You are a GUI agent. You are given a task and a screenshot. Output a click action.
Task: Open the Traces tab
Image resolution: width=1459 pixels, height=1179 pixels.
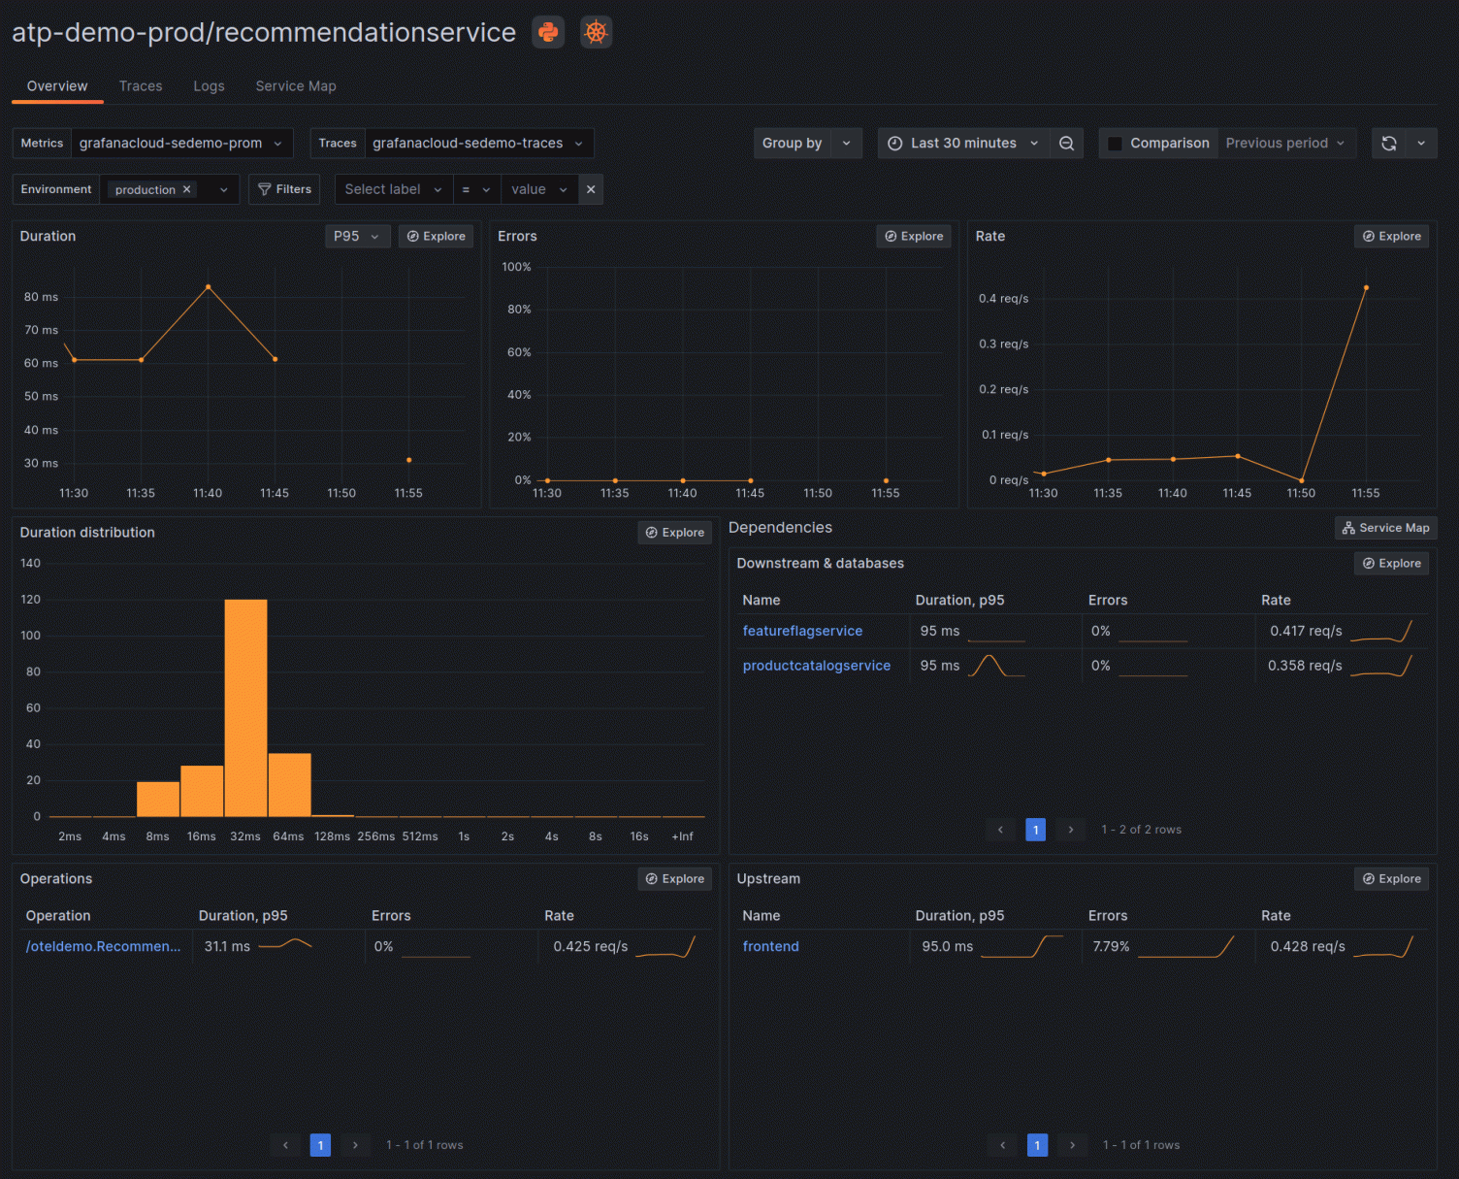(x=141, y=86)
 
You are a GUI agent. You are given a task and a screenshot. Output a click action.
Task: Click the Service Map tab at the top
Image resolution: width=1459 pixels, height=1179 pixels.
(x=296, y=86)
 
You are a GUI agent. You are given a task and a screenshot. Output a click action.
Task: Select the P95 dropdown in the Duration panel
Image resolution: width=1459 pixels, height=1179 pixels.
(x=356, y=236)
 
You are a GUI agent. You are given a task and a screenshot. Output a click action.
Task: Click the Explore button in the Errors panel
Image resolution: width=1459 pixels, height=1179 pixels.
(x=914, y=236)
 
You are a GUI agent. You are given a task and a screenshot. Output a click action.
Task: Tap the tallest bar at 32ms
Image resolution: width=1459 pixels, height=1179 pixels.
(x=245, y=708)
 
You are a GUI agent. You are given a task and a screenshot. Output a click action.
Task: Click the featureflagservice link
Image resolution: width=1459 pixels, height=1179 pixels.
(x=802, y=631)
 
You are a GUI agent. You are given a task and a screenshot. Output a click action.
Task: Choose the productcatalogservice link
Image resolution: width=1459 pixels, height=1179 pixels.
(x=816, y=666)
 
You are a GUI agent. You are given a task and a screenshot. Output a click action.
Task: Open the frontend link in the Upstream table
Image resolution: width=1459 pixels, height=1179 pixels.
(x=770, y=946)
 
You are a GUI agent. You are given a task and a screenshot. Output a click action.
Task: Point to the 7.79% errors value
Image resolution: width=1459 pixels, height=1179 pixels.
(x=1111, y=946)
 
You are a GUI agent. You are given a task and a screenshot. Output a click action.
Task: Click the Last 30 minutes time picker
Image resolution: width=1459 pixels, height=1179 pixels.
(x=963, y=143)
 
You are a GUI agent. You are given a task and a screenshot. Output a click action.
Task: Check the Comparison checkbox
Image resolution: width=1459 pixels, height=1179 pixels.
(x=1116, y=144)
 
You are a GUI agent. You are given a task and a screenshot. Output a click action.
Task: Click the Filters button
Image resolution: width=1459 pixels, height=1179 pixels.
(x=284, y=189)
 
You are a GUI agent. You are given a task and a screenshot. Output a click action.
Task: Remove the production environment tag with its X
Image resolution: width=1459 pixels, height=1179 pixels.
(x=187, y=189)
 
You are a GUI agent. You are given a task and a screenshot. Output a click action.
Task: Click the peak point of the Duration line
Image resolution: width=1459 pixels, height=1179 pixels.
(x=208, y=287)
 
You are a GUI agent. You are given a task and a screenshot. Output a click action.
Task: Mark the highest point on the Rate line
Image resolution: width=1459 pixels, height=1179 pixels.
(x=1366, y=288)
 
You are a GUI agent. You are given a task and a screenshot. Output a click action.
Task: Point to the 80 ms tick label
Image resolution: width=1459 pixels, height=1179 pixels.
(x=41, y=297)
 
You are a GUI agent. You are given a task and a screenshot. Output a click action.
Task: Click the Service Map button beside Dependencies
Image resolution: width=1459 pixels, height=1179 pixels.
(x=1385, y=528)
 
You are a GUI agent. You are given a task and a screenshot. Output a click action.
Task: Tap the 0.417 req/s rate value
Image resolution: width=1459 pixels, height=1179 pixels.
(x=1306, y=631)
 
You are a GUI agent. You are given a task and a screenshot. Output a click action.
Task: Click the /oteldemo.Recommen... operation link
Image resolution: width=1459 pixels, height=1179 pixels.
(x=103, y=946)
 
